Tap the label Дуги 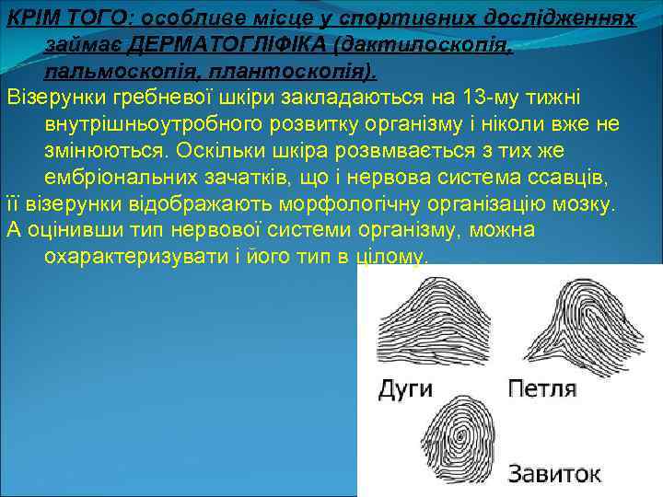tap(405, 387)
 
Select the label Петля tap(542, 387)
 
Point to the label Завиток tap(542, 474)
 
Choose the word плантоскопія tap(291, 71)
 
